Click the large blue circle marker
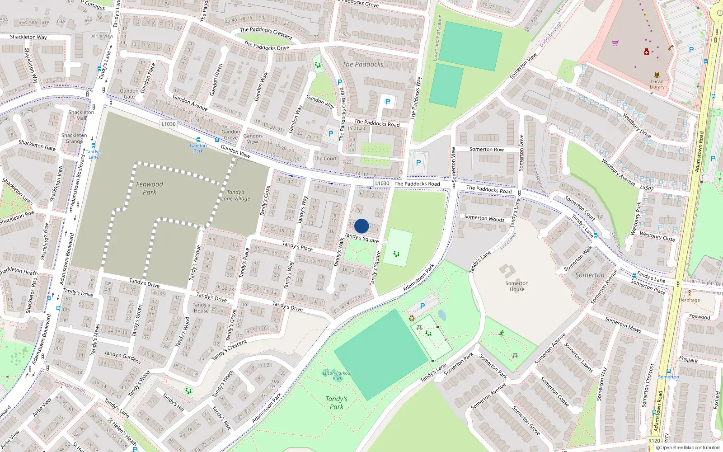coord(361,226)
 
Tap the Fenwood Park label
coord(150,188)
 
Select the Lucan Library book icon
coord(657,75)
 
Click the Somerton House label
coord(517,286)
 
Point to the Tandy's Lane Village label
coord(235,195)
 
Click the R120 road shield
coord(654,440)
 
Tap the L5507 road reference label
coord(647,188)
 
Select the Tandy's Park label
coord(337,402)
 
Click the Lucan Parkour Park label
coord(337,376)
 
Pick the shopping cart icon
coord(615,43)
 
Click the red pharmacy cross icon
coord(647,52)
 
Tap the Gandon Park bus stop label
coord(198,148)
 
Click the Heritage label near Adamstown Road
coord(689,300)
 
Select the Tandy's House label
coord(201,307)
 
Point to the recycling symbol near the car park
coord(412,318)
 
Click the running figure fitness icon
coord(502,333)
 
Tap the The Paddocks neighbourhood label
coord(363,65)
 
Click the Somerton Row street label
coord(486,149)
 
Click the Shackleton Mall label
coord(81,115)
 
